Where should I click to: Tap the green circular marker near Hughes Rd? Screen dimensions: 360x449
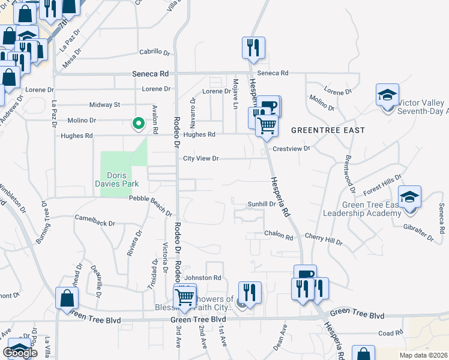pos(138,124)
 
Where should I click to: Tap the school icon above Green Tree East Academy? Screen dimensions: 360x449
pos(409,197)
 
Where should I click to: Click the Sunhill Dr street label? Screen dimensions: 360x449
pos(262,204)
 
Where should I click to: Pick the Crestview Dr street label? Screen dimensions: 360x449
pos(291,148)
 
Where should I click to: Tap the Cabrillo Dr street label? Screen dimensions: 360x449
pos(155,52)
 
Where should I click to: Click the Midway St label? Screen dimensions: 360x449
pos(104,105)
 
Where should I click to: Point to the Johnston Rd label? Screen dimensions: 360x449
pos(203,278)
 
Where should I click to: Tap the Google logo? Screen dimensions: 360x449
pos(20,353)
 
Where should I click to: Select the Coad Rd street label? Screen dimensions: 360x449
pos(390,333)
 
